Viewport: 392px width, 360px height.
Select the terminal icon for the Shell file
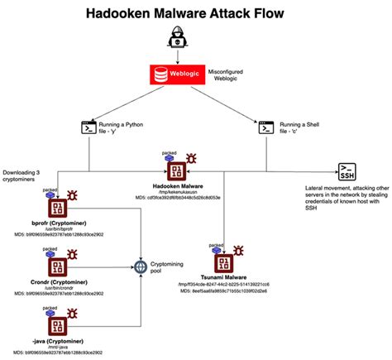click(x=265, y=127)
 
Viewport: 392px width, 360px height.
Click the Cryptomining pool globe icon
click(x=141, y=266)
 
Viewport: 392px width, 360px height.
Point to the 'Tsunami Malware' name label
click(x=223, y=277)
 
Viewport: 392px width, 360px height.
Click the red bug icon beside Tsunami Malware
click(x=241, y=248)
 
